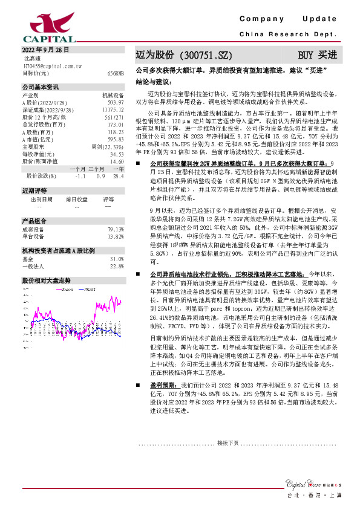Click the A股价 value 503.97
[x=116, y=103]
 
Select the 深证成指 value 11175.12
[x=113, y=110]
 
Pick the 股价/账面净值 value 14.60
[x=116, y=161]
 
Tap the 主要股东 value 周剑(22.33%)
[x=108, y=147]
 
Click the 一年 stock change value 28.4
[x=119, y=176]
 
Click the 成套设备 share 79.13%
[x=116, y=229]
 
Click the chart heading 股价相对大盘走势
[x=47, y=280]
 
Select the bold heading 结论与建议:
[x=154, y=80]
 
